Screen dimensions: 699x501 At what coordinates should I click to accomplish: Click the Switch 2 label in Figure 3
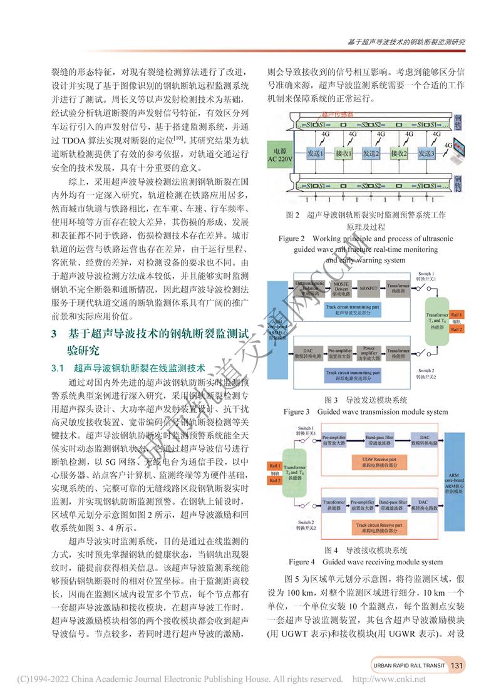click(x=426, y=373)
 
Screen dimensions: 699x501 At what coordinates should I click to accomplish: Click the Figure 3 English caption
click(x=366, y=412)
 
